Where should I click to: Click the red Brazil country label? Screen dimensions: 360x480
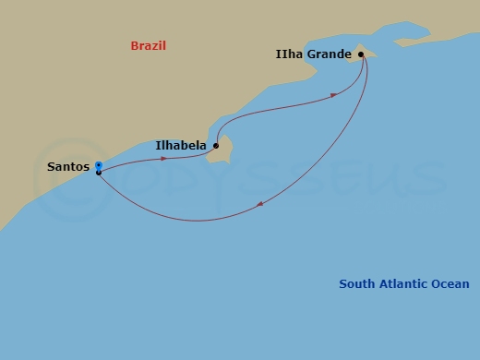(154, 45)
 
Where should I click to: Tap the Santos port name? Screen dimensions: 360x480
(67, 167)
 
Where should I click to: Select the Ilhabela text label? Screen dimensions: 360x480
(181, 145)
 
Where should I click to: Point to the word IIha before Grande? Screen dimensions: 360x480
(290, 54)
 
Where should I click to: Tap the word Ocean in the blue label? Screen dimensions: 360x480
(450, 284)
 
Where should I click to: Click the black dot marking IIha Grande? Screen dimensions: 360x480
(361, 54)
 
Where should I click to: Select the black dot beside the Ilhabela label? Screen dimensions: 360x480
(216, 145)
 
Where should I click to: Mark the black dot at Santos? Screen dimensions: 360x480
(98, 173)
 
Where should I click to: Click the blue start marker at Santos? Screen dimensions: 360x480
(98, 165)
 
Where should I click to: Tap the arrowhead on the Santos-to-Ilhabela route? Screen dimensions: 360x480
(164, 159)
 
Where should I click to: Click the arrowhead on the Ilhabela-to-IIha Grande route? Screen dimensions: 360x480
(332, 95)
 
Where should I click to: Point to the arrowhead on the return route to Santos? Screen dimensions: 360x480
(261, 204)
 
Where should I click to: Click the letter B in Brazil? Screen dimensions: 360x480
(135, 45)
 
